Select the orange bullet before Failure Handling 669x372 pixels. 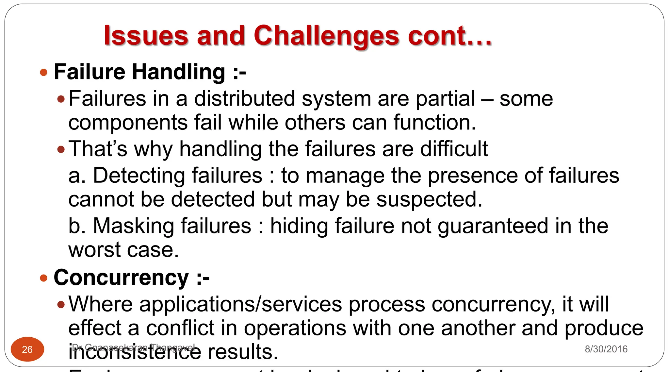(x=43, y=72)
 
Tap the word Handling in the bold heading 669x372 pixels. (x=179, y=72)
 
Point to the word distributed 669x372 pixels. (x=245, y=99)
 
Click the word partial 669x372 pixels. (x=445, y=99)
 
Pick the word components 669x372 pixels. (x=128, y=123)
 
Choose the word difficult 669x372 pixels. (x=454, y=149)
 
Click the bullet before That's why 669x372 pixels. (x=61, y=149)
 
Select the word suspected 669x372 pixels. (x=429, y=199)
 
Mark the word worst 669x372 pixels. (x=94, y=250)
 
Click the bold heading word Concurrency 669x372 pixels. (x=121, y=278)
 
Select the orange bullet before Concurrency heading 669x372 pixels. (x=43, y=278)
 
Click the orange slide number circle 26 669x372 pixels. (x=27, y=349)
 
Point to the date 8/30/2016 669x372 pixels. (x=606, y=349)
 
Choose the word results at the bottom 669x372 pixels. (x=243, y=352)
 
